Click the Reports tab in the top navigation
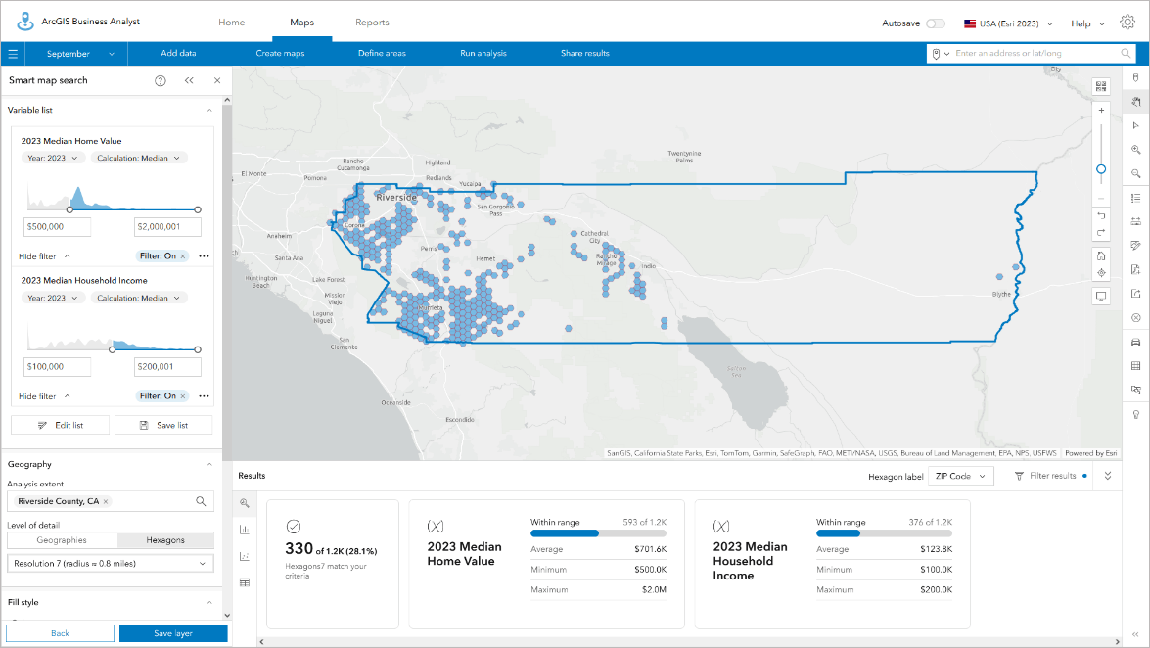(x=372, y=23)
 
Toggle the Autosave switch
(x=936, y=23)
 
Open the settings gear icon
(x=1127, y=23)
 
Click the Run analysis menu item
(x=483, y=53)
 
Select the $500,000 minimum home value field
(x=57, y=227)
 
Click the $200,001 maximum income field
(x=167, y=367)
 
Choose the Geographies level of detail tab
(x=62, y=540)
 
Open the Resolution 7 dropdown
(x=110, y=563)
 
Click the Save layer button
(x=173, y=633)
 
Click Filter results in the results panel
(x=1044, y=476)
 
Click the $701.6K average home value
(x=652, y=549)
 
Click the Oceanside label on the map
(x=396, y=402)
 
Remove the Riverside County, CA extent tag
(x=106, y=501)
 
